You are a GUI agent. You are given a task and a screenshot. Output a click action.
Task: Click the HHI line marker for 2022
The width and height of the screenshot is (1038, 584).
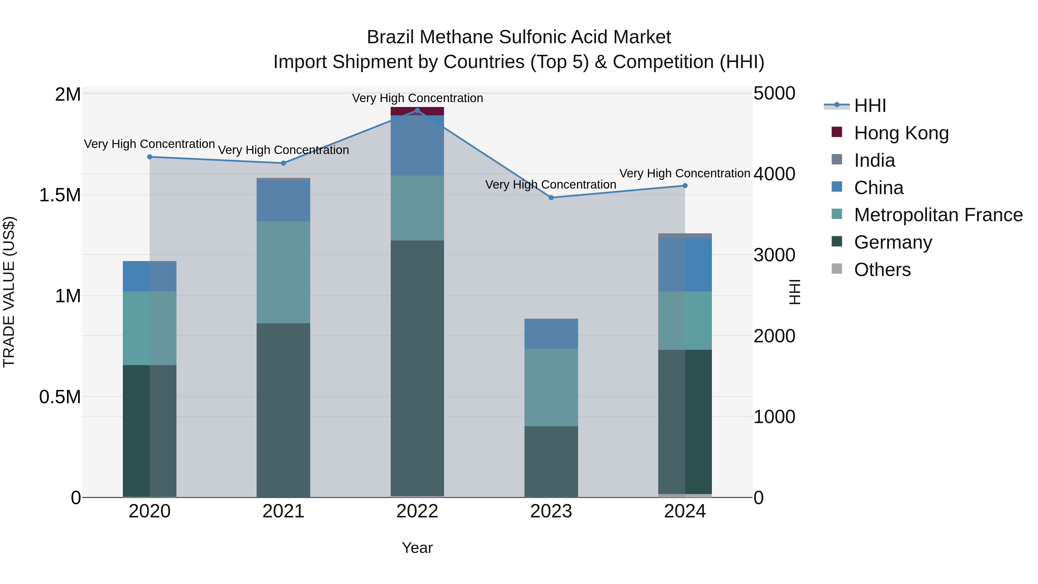click(x=417, y=110)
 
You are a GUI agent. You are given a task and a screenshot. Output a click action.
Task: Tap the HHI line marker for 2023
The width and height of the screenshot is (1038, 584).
click(x=551, y=198)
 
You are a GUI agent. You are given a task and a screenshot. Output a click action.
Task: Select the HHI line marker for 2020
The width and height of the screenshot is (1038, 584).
click(x=149, y=157)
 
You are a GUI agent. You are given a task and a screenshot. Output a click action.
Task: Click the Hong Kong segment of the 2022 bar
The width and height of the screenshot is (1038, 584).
click(x=417, y=111)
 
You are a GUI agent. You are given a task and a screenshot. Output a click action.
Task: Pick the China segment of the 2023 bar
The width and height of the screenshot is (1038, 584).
click(x=551, y=334)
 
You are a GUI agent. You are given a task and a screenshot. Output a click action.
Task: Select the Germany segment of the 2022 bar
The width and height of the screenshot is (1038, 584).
click(x=417, y=369)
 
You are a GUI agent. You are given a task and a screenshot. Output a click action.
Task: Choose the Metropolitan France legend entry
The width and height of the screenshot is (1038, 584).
click(x=938, y=215)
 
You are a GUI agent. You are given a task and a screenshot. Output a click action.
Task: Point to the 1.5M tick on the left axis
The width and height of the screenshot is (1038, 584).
click(x=60, y=195)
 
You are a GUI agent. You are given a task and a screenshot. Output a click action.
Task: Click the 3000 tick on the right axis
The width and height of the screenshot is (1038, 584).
click(x=774, y=255)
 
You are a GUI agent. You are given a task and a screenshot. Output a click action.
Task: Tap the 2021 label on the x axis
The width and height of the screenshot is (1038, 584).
click(x=283, y=511)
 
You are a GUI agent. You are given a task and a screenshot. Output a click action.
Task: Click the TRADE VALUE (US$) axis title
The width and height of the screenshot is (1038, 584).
click(x=9, y=292)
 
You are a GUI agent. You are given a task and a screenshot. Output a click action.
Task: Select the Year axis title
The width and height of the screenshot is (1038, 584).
click(x=417, y=548)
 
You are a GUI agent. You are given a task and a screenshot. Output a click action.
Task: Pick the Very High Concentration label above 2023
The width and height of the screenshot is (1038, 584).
click(x=550, y=185)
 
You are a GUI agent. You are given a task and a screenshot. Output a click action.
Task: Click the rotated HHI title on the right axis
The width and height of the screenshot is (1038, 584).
click(x=794, y=292)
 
